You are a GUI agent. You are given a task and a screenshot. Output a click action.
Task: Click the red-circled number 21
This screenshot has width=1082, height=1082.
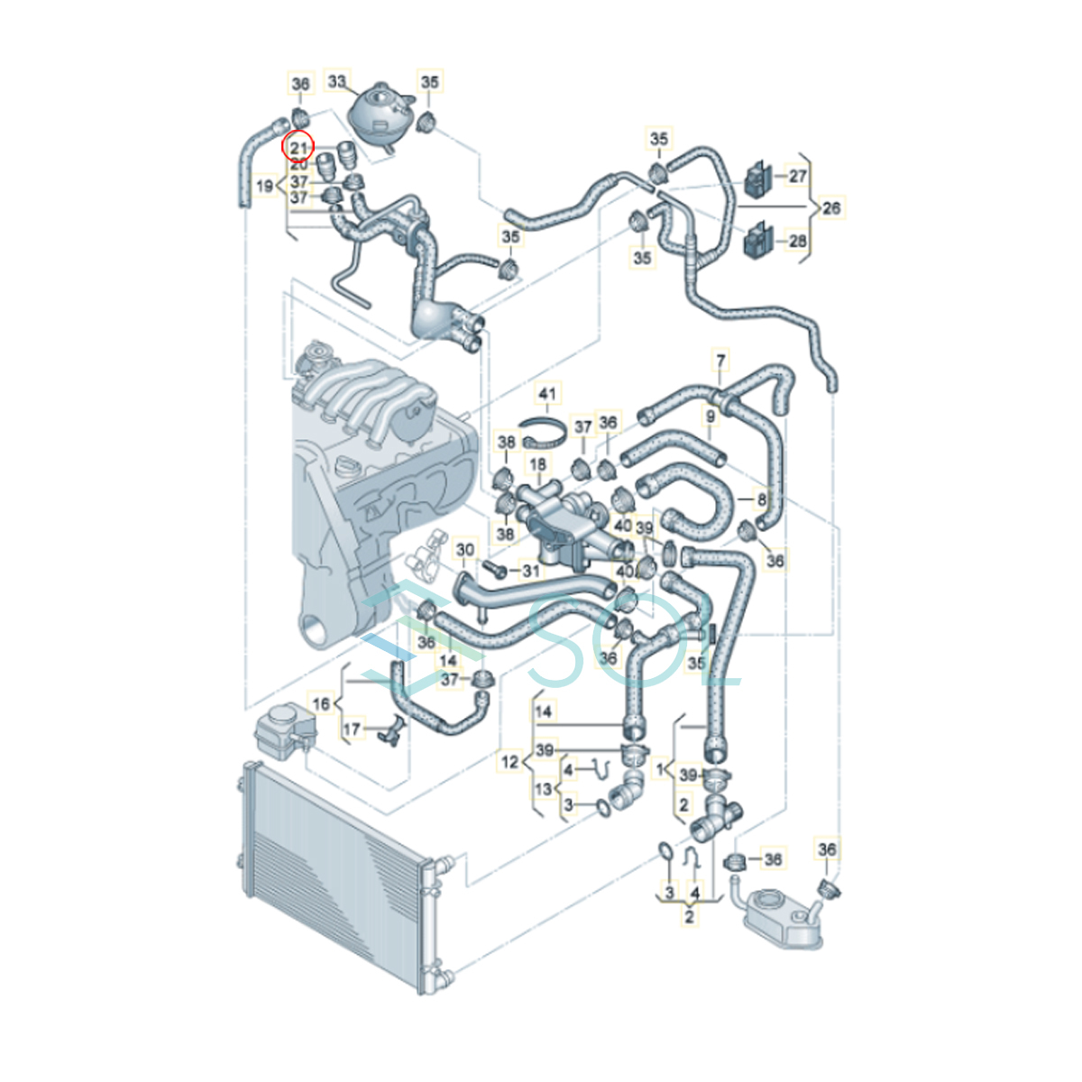click(x=298, y=148)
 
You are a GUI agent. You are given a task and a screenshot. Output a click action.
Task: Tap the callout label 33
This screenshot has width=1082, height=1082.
click(x=336, y=81)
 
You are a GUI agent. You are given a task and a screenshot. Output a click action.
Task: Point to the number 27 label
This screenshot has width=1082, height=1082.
click(x=797, y=176)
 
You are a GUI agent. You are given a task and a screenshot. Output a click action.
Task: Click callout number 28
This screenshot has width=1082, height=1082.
click(x=797, y=241)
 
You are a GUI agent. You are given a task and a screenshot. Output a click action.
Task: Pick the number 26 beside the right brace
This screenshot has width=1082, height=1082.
click(x=831, y=207)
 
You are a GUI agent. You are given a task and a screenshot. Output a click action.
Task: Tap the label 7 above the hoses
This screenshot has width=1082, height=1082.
click(x=720, y=361)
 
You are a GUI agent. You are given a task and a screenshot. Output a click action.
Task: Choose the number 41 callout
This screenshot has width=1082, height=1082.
click(x=547, y=394)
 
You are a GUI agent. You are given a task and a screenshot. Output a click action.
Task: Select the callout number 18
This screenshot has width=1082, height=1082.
click(x=537, y=464)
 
